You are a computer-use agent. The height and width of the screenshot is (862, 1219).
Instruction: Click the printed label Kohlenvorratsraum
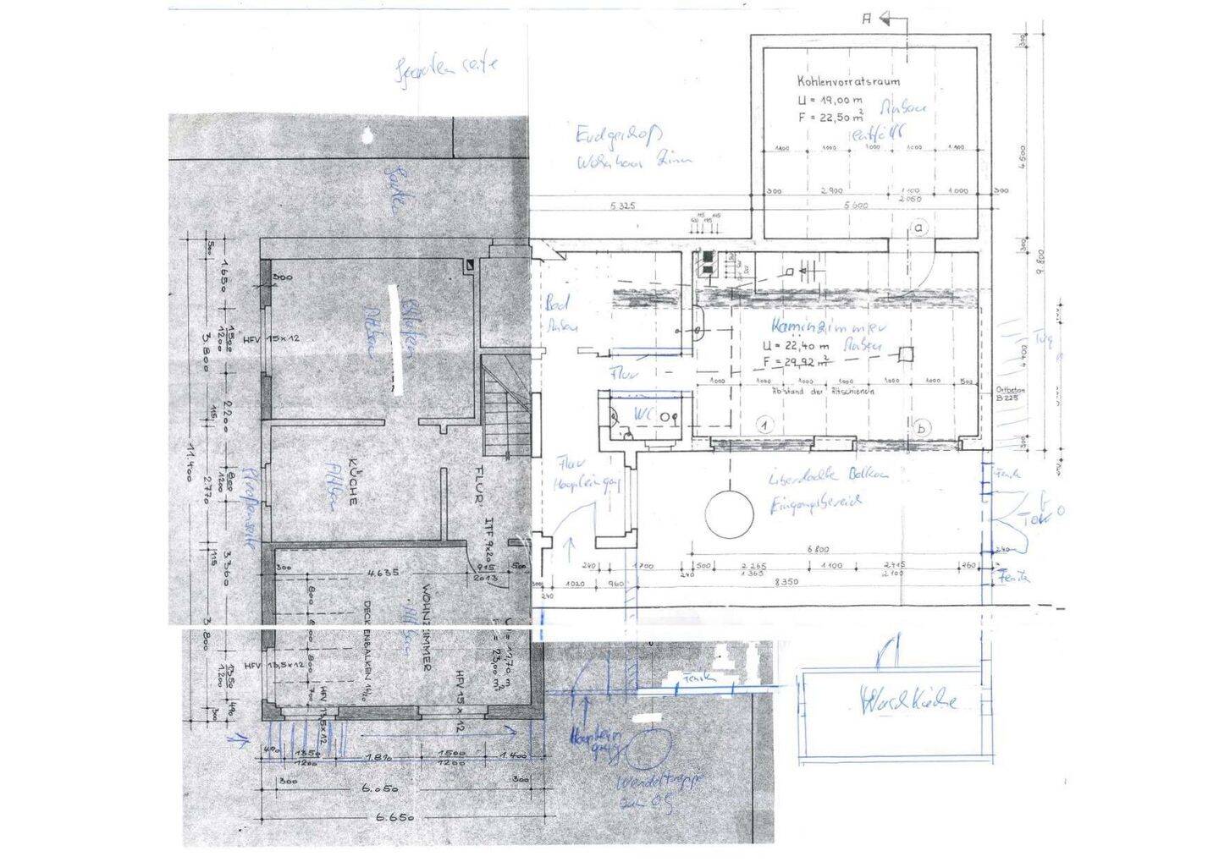coord(848,82)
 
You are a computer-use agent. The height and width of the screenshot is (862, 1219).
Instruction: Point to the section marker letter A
coord(866,17)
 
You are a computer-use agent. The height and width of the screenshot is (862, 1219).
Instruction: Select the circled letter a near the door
coord(918,227)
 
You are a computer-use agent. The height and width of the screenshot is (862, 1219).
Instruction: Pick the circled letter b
coord(921,428)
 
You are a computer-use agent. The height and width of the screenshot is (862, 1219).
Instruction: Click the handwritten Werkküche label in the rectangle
coord(908,701)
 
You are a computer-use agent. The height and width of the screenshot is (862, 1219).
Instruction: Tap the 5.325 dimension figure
coord(622,206)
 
